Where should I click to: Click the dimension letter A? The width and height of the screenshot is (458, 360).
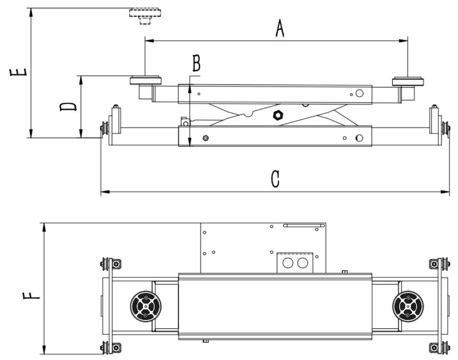279,29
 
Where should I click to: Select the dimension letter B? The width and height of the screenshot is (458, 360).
196,63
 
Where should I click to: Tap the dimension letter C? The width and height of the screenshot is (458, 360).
275,179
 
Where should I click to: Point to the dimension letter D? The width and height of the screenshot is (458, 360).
68,107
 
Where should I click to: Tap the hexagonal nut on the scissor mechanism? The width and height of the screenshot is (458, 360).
278,115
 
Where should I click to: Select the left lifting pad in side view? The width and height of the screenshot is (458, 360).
145,81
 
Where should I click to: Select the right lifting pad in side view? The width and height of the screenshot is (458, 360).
408,81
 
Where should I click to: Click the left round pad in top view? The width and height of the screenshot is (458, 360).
146,306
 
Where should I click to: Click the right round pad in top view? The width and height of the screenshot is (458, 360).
408,306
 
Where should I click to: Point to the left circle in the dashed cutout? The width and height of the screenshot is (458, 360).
288,263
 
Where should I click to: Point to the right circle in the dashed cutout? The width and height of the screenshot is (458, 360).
302,263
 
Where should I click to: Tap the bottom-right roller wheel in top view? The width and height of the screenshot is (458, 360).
445,347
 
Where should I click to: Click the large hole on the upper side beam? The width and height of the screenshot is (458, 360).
360,93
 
